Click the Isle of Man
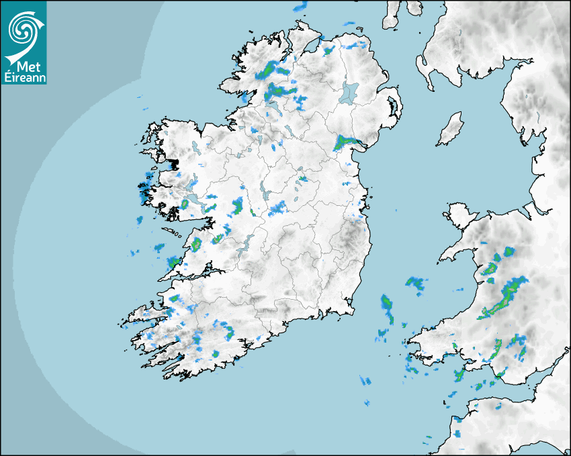coord(450,129)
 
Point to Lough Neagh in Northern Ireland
coord(349,93)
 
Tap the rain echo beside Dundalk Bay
coord(348,142)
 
